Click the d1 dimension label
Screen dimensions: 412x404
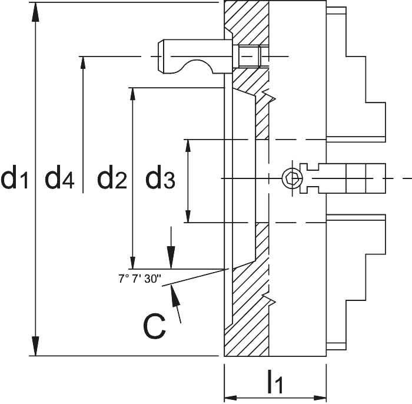15,177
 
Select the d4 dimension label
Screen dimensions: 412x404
59,177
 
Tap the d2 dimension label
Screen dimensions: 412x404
112,177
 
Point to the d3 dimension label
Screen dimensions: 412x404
160,177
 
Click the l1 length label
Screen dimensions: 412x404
275,382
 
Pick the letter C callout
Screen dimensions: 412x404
154,326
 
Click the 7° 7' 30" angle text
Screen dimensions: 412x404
139,279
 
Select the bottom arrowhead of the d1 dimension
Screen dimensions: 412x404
35,346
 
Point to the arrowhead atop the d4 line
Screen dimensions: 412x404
83,63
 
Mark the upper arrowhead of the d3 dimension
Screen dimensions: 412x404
188,146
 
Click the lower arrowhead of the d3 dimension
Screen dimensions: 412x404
188,216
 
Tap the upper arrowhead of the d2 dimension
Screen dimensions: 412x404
132,94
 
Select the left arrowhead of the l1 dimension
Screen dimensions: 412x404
231,398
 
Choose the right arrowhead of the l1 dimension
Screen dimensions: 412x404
320,398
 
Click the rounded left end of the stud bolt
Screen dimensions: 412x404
161,57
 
